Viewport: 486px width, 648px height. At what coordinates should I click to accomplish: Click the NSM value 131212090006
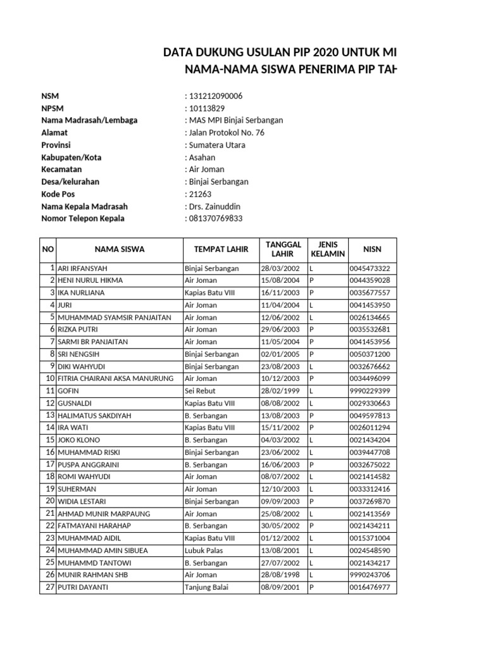click(215, 96)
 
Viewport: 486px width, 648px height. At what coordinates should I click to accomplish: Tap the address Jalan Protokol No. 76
click(226, 133)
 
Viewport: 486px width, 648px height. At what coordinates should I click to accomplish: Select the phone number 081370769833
click(215, 219)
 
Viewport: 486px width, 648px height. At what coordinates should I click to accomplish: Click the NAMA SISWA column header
click(120, 249)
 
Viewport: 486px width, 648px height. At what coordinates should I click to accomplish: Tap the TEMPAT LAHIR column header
click(221, 249)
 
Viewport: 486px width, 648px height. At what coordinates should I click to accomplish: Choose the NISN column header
click(373, 249)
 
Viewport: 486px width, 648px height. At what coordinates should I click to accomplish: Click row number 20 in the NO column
click(50, 501)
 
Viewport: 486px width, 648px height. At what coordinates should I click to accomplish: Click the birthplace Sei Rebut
click(201, 391)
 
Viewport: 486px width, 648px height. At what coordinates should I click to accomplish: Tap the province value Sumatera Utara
click(216, 145)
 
